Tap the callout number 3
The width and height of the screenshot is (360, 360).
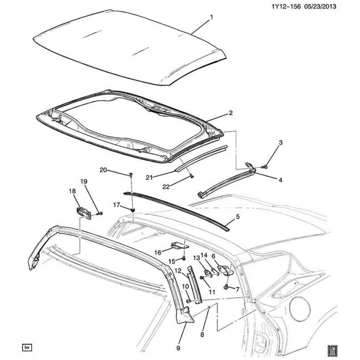pyautogui.click(x=280, y=142)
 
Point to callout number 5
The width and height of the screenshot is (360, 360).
pyautogui.click(x=237, y=217)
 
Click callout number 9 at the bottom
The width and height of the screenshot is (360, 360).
pyautogui.click(x=178, y=348)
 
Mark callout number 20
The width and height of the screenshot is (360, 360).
pyautogui.click(x=103, y=170)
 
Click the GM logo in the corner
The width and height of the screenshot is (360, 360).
pyautogui.click(x=332, y=349)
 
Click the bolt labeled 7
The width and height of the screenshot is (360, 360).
pyautogui.click(x=226, y=287)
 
